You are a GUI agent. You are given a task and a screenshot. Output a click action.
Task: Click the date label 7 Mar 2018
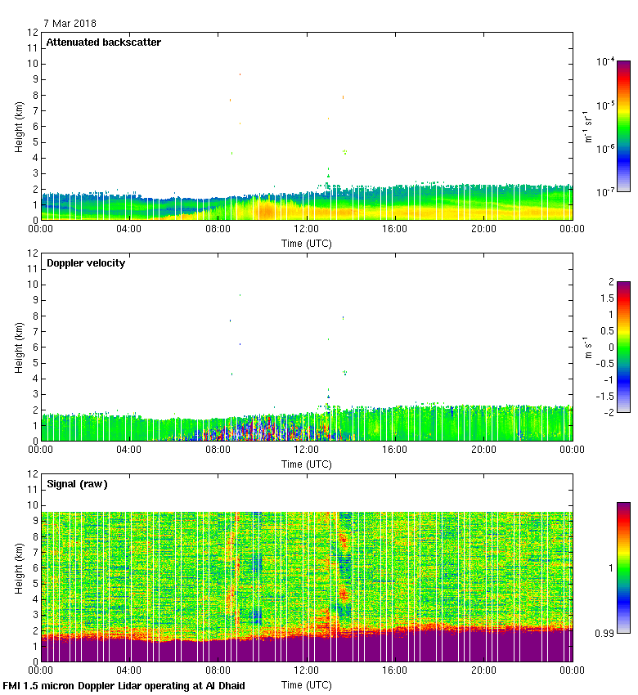click(70, 24)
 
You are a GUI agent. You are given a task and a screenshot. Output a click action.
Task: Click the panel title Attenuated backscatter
click(103, 43)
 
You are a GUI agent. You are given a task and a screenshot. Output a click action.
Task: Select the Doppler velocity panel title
click(86, 263)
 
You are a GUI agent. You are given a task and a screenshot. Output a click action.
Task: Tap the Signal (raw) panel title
click(77, 484)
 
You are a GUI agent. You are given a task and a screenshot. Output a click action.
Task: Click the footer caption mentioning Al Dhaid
click(124, 685)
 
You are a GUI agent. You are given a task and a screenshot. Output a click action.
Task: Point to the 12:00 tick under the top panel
click(306, 230)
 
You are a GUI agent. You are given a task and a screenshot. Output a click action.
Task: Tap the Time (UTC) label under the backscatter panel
click(306, 243)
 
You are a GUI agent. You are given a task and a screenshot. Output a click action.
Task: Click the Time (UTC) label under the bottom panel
click(306, 684)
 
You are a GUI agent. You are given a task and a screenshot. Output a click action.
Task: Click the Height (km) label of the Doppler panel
click(19, 347)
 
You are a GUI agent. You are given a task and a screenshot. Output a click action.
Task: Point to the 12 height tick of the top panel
click(33, 33)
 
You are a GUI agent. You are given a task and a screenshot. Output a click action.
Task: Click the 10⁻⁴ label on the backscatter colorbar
click(605, 61)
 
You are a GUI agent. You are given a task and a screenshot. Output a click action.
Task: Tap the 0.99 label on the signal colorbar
click(606, 634)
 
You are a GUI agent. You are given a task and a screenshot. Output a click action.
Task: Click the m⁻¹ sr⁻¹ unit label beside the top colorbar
click(587, 126)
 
